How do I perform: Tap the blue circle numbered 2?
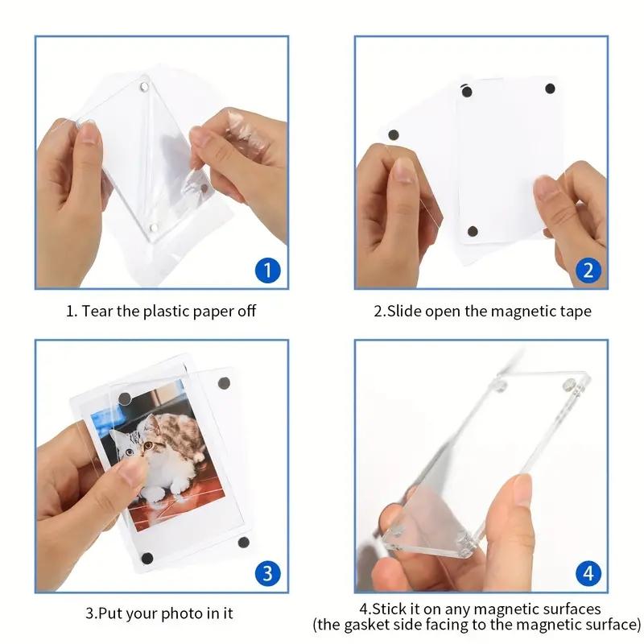tap(588, 269)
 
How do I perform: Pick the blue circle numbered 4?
tap(588, 573)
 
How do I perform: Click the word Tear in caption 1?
tap(100, 311)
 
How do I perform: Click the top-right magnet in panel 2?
tap(550, 88)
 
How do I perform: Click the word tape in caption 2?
tap(575, 311)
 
